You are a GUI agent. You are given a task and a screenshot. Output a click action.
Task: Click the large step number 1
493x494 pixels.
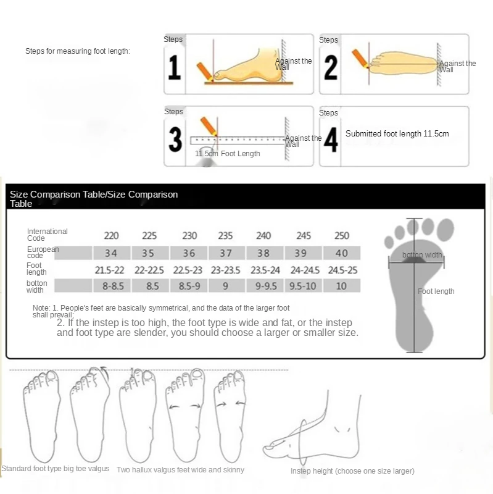point(175,69)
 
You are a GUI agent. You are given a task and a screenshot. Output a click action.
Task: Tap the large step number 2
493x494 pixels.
point(331,68)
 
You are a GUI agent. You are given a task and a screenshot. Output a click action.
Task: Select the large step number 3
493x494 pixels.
point(175,140)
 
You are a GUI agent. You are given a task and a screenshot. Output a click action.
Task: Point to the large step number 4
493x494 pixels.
point(331,140)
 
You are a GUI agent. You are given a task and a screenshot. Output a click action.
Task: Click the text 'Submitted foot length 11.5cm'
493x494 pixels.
point(397,134)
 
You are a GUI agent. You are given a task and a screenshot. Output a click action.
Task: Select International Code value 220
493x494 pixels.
point(111,236)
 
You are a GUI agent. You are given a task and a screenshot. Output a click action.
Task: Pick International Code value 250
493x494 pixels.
point(341,236)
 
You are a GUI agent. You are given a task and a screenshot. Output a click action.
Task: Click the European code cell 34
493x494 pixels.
point(111,253)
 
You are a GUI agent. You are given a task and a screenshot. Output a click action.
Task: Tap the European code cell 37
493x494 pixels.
point(226,253)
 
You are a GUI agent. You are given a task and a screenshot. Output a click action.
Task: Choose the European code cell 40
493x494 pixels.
point(341,253)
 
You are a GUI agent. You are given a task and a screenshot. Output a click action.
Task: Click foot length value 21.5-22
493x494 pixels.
point(109,270)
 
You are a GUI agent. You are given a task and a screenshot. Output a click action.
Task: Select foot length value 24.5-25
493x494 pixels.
point(342,270)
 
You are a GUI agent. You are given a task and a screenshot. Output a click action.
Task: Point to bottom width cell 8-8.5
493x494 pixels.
point(111,286)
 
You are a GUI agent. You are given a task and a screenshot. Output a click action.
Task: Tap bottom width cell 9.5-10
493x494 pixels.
point(303,286)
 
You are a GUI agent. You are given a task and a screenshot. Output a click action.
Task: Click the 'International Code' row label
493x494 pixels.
point(47,235)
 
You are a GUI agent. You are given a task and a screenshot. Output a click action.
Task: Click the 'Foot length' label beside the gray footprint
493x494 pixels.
point(436,291)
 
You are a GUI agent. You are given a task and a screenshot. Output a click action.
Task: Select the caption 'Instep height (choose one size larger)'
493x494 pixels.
point(352,471)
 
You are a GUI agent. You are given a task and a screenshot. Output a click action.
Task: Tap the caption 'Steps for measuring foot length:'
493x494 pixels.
point(78,51)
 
